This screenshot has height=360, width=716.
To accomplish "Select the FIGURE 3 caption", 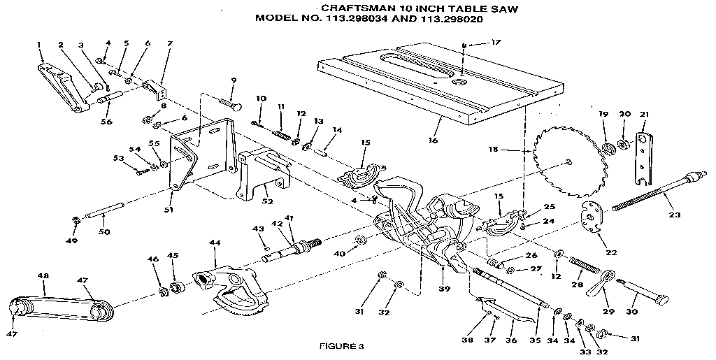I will pyautogui.click(x=342, y=345).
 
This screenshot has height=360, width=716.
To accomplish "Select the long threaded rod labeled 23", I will pyautogui.click(x=654, y=192).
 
